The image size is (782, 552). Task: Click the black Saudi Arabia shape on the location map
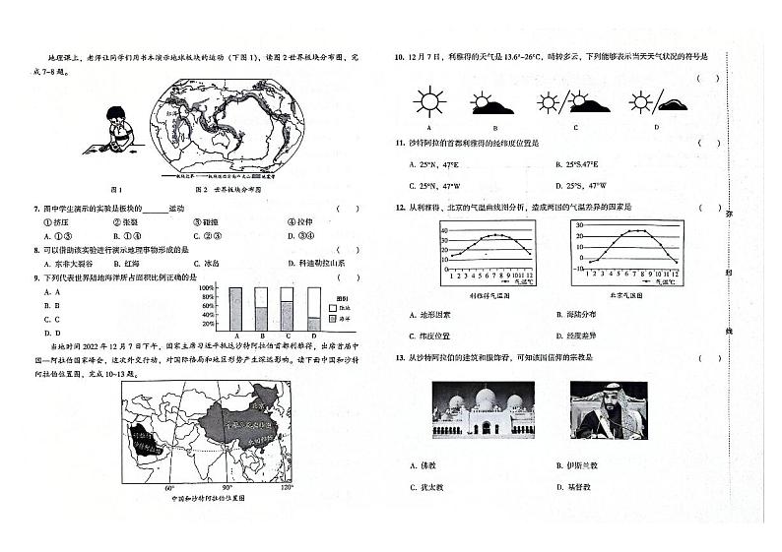tap(142, 443)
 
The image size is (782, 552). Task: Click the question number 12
tap(400, 208)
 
